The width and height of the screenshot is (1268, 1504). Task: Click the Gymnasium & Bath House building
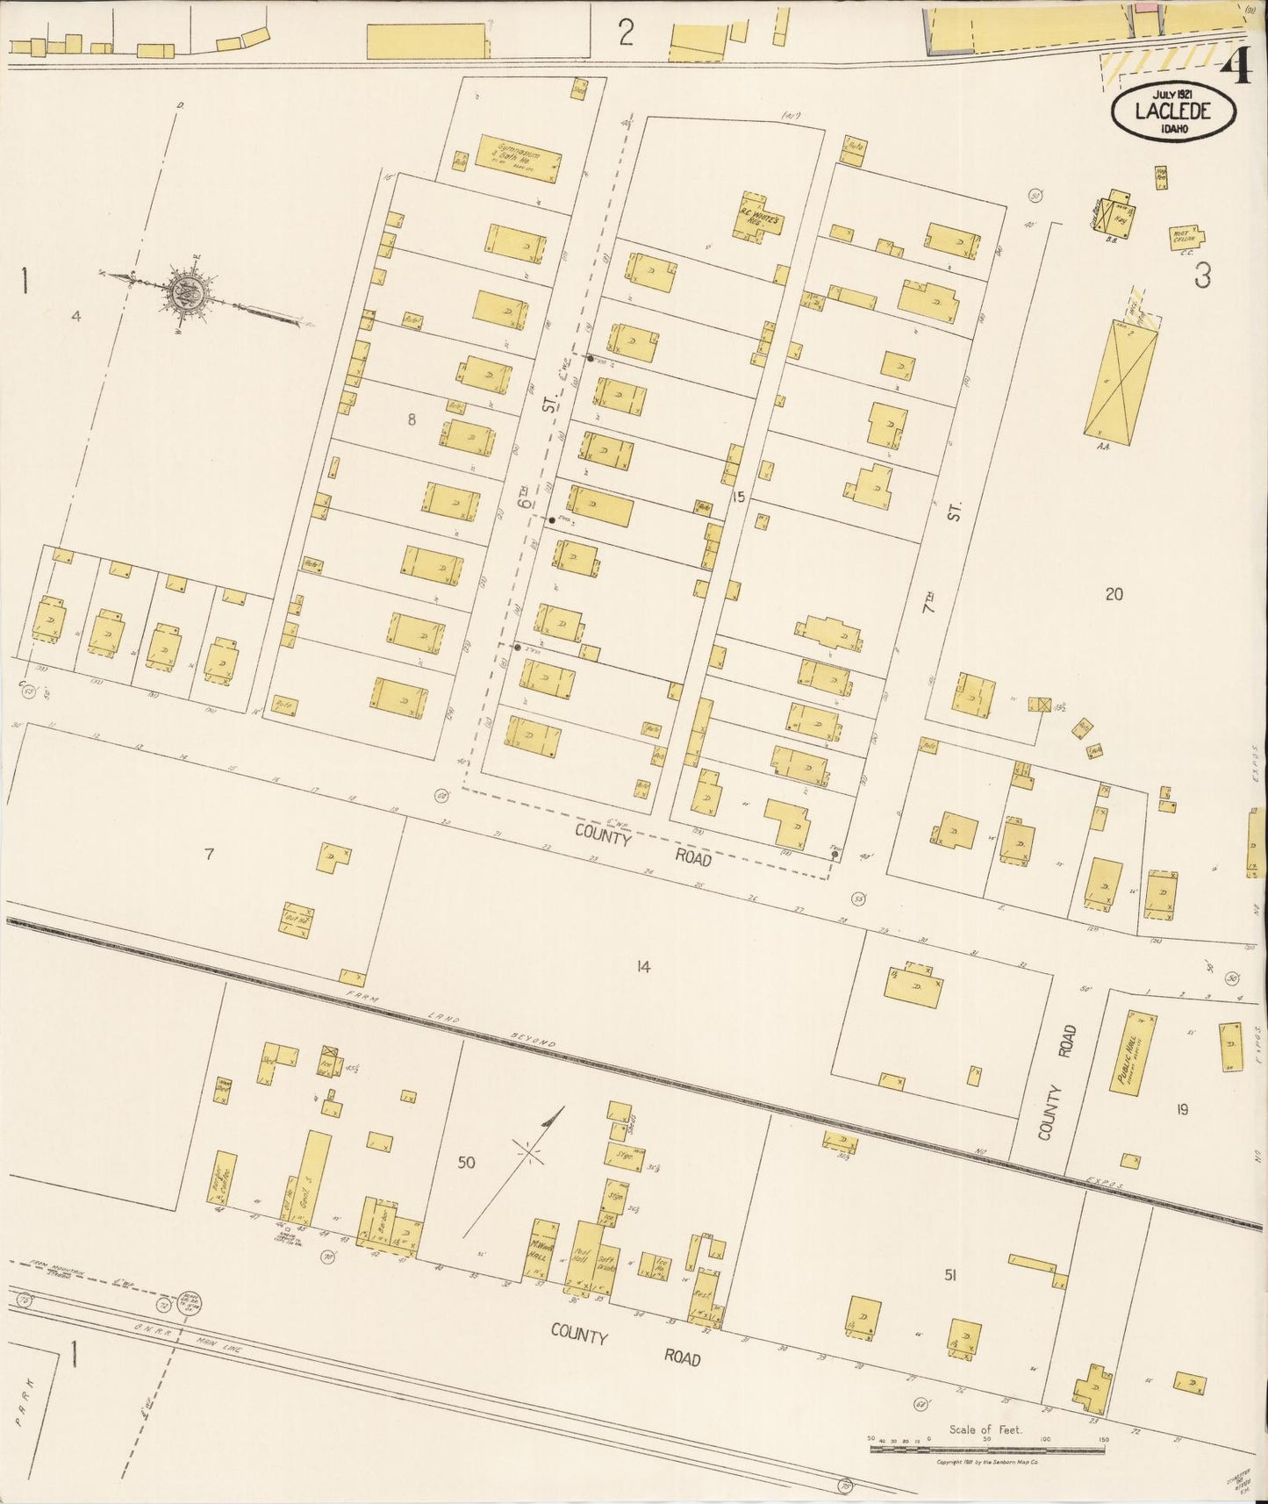point(518,158)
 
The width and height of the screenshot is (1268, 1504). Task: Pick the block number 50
point(465,1163)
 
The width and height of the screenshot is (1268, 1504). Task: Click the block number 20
point(1113,594)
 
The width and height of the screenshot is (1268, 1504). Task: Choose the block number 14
point(643,967)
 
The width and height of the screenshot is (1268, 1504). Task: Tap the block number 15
point(737,497)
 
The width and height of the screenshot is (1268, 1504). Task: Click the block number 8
point(411,419)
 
